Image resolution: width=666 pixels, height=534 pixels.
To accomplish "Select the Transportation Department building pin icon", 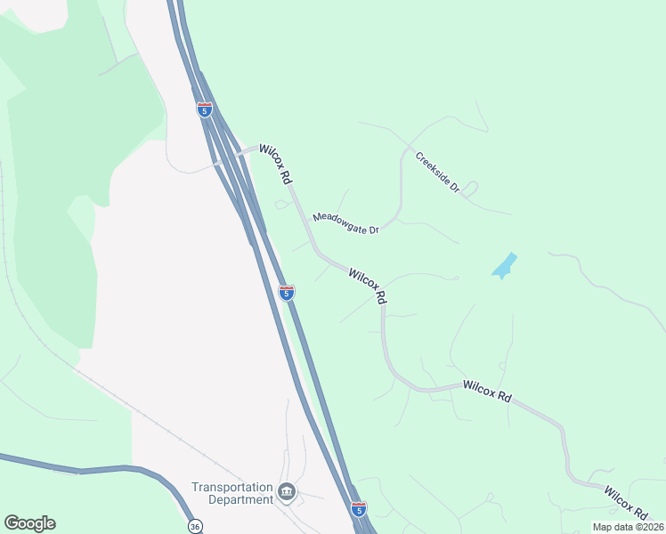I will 287,492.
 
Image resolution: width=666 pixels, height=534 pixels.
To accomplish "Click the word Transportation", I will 231,487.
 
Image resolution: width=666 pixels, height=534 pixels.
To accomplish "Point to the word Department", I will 240,499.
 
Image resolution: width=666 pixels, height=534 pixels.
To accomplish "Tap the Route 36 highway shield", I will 194,526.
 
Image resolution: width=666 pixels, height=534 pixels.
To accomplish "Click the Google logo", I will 29,523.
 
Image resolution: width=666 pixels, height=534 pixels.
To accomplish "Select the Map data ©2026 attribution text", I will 627,527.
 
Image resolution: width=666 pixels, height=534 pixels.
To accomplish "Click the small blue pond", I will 504,266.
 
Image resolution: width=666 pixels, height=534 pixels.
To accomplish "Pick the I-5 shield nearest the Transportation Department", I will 358,509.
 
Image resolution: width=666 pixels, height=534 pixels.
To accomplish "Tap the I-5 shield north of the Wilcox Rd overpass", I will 205,109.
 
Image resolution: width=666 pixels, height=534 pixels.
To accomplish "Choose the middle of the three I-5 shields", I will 286,292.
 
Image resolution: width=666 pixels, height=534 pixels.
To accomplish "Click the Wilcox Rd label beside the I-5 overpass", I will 276,165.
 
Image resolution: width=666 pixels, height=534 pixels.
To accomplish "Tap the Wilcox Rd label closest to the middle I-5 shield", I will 368,287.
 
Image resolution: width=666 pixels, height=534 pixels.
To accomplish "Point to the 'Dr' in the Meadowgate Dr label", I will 373,230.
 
